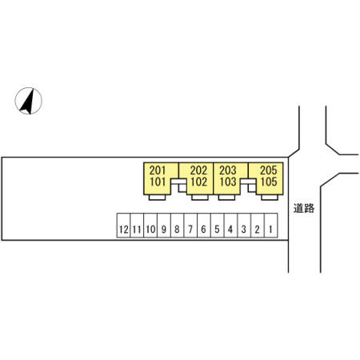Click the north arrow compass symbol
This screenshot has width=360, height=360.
tap(28, 101)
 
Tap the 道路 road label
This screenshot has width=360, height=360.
tap(304, 208)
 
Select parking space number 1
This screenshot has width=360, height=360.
tap(271, 226)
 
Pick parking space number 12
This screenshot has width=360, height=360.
tap(124, 226)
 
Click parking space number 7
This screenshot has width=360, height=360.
tap(190, 226)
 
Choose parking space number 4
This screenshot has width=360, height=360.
tap(230, 226)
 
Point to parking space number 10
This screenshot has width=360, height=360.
tap(150, 226)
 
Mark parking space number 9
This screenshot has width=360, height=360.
tap(164, 226)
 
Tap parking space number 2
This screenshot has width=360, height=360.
tap(258, 226)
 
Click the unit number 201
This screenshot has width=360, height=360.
tap(158, 170)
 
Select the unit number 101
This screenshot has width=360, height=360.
tap(158, 182)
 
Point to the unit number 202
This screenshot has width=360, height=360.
tap(198, 170)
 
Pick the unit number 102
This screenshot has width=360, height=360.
tap(198, 182)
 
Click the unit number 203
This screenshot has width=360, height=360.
tap(228, 170)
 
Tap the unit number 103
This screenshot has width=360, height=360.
tap(228, 182)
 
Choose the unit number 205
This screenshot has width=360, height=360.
tap(269, 170)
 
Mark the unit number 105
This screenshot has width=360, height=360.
tap(269, 182)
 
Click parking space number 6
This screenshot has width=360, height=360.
tap(204, 226)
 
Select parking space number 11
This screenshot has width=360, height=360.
tap(137, 226)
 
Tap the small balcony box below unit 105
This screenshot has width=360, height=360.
tap(270, 198)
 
